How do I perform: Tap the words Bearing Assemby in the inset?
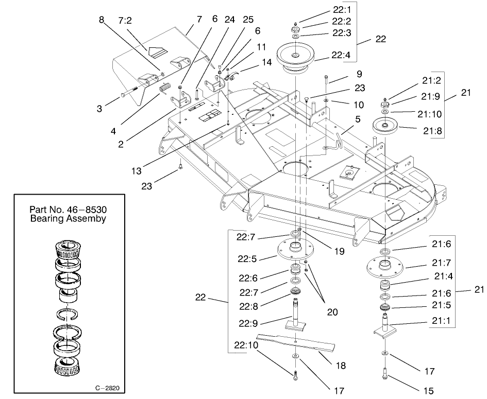coord(68,218)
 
